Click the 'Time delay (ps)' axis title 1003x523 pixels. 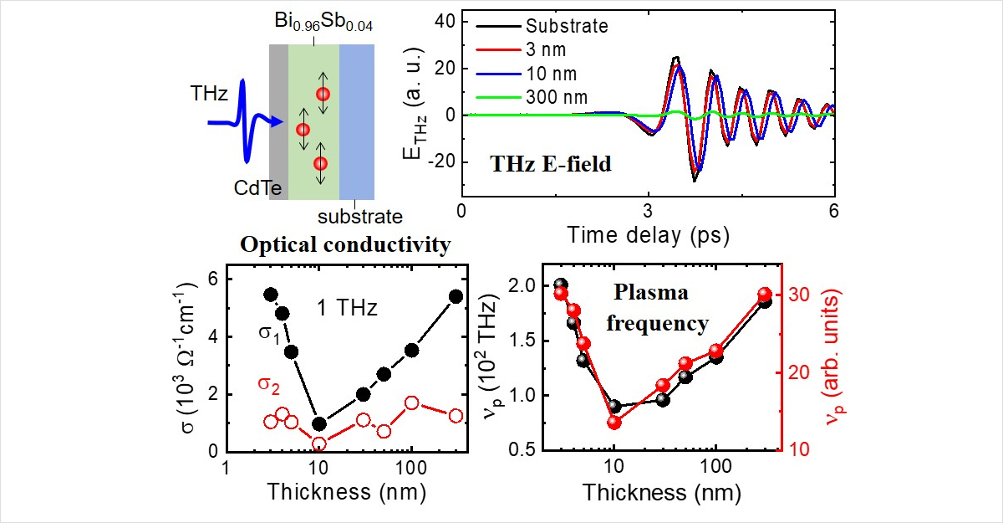[x=647, y=234]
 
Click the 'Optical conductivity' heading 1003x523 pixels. [x=346, y=246]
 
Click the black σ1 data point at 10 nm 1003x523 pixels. [x=318, y=423]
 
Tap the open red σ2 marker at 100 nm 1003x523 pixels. [x=411, y=403]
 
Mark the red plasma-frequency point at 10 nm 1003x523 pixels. [x=614, y=422]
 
